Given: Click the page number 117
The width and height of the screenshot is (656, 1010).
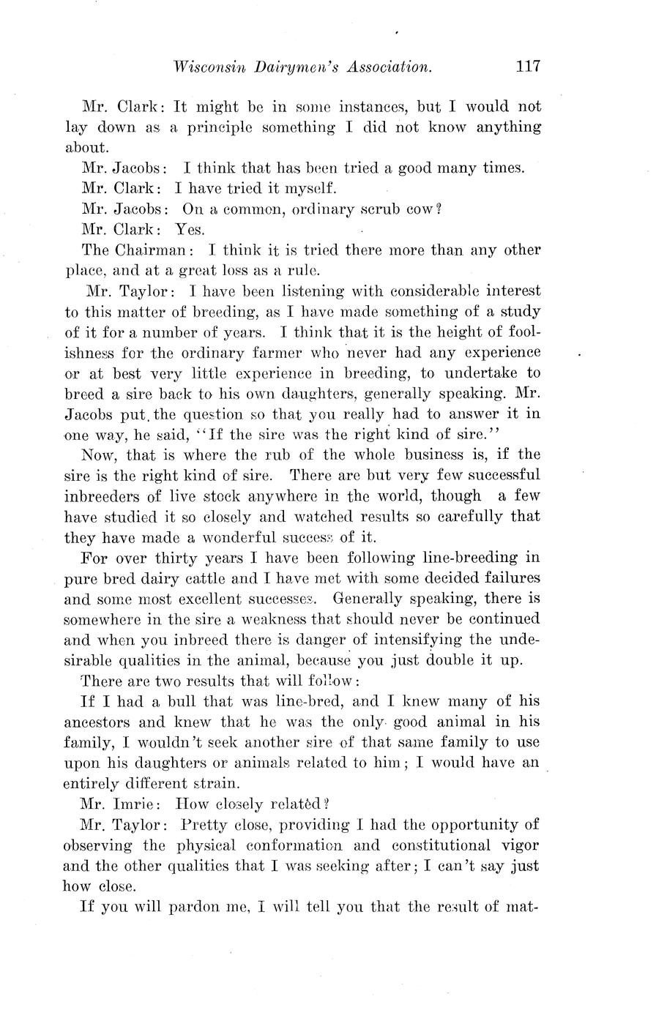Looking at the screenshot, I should click(527, 67).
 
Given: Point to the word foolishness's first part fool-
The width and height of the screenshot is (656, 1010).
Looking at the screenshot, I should click(520, 332).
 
